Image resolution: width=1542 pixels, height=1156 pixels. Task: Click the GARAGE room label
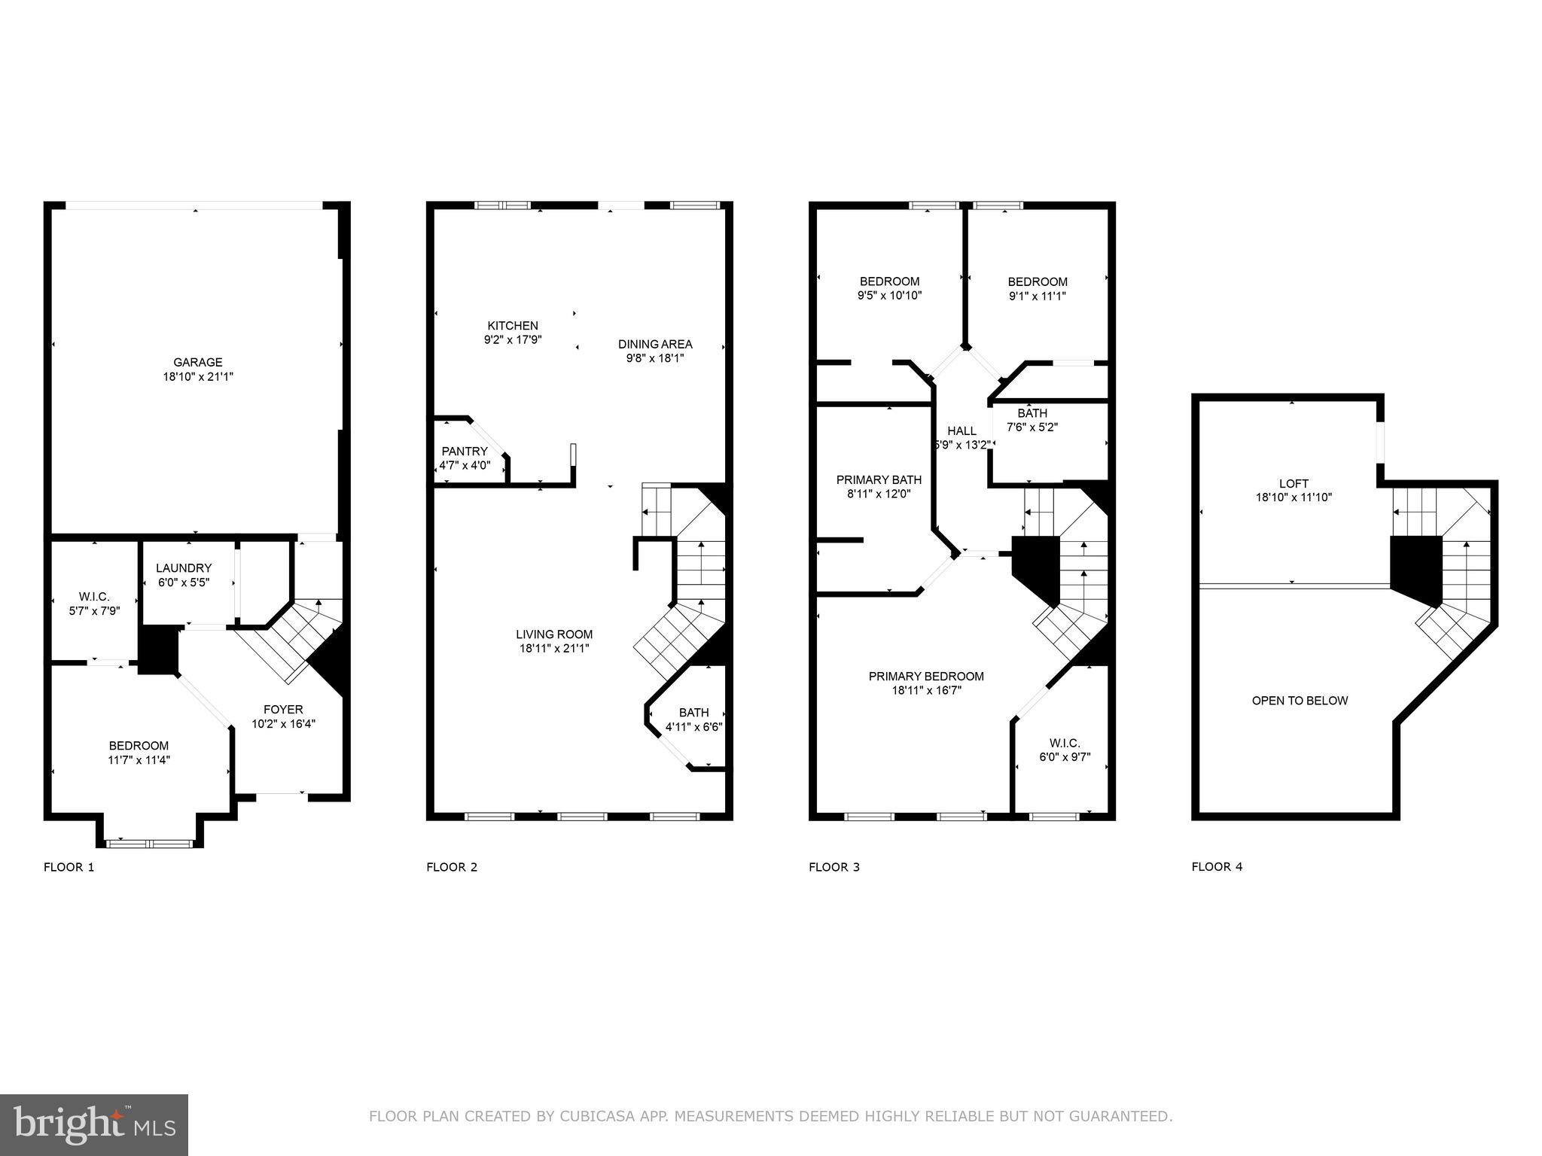coord(198,362)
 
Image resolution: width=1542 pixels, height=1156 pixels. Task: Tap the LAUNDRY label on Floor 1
coord(184,568)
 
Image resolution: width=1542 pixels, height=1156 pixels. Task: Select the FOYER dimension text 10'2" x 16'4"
coord(283,724)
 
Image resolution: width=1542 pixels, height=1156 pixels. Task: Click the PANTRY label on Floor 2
coord(465,452)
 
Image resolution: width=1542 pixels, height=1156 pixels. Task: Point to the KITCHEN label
coord(513,326)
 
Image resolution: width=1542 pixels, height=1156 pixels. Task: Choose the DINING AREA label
coord(655,345)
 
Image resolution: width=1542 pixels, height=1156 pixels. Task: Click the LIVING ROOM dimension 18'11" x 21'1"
coord(554,648)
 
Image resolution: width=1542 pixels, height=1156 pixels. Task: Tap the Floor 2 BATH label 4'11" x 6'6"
coord(693,713)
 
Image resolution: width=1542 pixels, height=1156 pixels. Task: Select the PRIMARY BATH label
coord(879,480)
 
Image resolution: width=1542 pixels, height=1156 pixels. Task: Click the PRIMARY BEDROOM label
coord(926,677)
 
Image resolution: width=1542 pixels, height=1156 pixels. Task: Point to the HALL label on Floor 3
coord(961,431)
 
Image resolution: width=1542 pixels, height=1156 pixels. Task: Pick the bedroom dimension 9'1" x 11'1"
coord(1038,296)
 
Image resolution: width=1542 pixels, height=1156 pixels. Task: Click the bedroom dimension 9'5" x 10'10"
coord(889,296)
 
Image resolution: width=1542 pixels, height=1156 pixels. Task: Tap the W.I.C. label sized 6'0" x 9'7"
coord(1065,744)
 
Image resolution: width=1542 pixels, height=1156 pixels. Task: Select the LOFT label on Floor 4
coord(1294,484)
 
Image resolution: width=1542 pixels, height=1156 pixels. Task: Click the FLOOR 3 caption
coord(833,867)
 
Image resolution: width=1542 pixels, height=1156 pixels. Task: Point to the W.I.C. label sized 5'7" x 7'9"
coord(94,597)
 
